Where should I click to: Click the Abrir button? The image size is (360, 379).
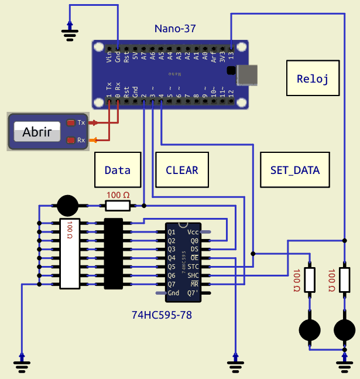[37, 132]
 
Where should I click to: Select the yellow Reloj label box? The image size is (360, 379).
[313, 79]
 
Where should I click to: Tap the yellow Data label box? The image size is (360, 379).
[118, 170]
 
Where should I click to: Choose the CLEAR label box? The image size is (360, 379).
[181, 170]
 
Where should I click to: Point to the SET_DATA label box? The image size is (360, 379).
[295, 170]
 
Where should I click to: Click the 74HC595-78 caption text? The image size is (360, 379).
[162, 315]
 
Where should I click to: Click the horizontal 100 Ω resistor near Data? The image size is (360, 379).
[118, 206]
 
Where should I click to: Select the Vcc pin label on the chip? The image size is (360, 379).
[193, 232]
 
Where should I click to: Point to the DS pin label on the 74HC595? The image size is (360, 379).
[194, 249]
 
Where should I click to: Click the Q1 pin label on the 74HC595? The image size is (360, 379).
[172, 232]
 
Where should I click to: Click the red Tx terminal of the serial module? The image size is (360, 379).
[71, 122]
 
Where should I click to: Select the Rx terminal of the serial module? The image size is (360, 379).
[71, 140]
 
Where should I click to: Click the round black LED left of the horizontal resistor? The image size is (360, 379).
[67, 206]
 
